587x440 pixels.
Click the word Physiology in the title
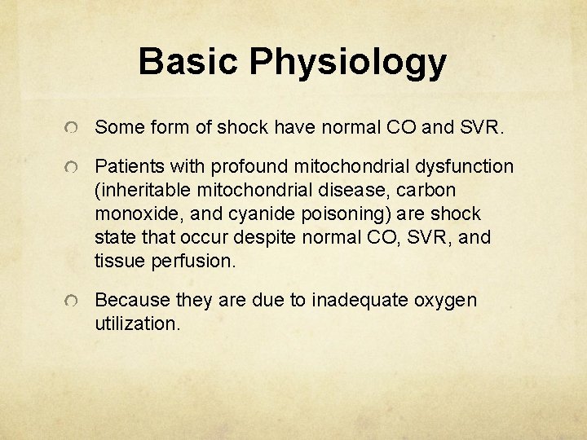(x=348, y=63)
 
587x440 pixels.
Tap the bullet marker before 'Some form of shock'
(x=73, y=129)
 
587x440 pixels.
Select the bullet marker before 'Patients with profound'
(x=73, y=168)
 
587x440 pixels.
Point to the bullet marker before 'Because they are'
(x=73, y=301)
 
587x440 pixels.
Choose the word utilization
(x=136, y=323)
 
